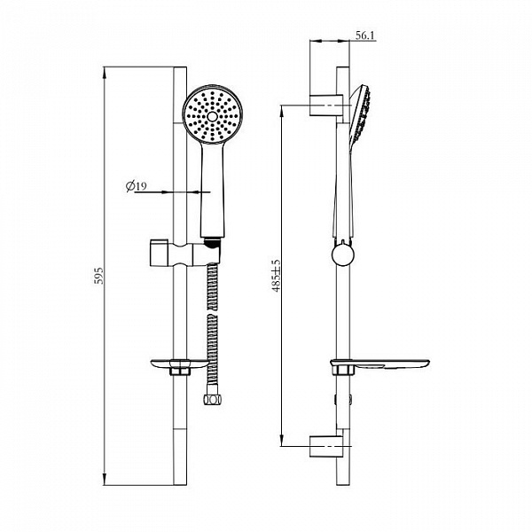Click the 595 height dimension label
click(98, 275)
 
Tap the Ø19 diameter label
click(136, 186)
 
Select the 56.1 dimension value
click(365, 35)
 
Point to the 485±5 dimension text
click(276, 276)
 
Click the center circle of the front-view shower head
click(213, 116)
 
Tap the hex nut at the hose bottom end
click(213, 399)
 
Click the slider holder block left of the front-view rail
click(159, 253)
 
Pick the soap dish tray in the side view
click(380, 364)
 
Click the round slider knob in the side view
click(343, 254)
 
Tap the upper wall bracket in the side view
click(326, 106)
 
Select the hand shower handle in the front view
click(213, 190)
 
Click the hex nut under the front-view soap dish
click(179, 371)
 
